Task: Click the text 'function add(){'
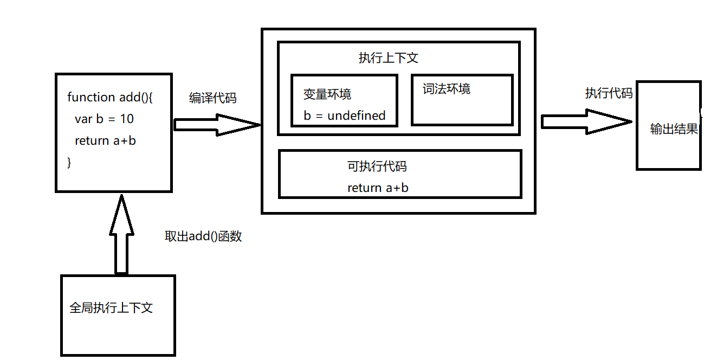(110, 97)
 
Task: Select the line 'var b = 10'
(104, 119)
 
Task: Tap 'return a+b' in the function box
(105, 140)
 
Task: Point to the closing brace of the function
(69, 163)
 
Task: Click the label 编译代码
(213, 98)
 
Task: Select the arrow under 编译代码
(217, 125)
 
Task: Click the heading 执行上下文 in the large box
(388, 58)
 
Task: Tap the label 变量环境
(327, 94)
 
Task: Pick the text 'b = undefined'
(345, 115)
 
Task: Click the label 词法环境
(447, 89)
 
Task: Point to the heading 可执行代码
(377, 166)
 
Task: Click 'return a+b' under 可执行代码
(378, 188)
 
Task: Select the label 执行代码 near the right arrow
(609, 93)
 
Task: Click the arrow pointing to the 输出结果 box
(587, 121)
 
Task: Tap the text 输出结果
(674, 129)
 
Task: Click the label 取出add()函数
(203, 236)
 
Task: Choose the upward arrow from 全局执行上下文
(121, 234)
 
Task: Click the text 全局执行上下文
(111, 308)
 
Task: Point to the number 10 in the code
(127, 119)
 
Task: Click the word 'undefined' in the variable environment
(356, 115)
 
